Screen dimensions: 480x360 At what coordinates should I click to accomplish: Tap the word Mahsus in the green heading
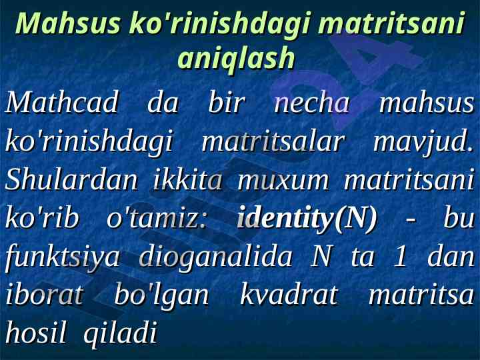68,23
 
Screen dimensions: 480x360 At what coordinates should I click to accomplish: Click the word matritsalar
273,141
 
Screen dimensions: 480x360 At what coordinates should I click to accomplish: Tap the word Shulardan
71,179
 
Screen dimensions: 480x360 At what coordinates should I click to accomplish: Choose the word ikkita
187,179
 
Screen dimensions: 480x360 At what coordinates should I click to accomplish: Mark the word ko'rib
42,217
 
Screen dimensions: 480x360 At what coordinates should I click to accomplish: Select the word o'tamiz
157,218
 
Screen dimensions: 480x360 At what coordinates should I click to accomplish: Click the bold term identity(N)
307,219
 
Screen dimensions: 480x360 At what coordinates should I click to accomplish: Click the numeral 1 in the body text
400,257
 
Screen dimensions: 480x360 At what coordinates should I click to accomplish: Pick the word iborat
45,295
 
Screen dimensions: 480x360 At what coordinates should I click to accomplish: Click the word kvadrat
289,295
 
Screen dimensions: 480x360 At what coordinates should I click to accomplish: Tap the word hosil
36,333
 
